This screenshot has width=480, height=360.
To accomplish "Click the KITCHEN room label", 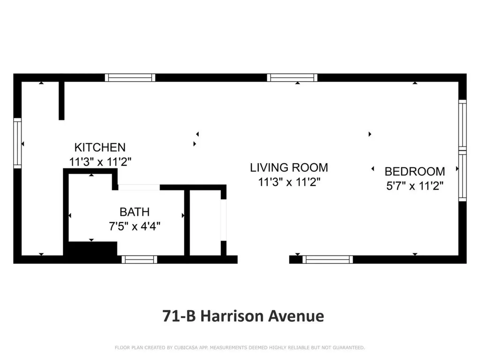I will coord(100,147).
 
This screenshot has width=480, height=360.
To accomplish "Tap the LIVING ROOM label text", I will coord(289,167).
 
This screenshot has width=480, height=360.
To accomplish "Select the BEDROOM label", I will coord(414,171).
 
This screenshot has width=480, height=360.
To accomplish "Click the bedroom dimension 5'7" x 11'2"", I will coord(414,186).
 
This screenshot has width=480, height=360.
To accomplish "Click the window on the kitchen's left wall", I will coord(17,143).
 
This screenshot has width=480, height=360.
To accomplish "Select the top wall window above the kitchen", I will coord(130,77).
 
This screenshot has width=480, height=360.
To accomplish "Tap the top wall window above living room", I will coord(292,77).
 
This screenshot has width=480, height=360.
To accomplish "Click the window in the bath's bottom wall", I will coord(139,259).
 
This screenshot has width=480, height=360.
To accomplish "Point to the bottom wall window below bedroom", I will coord(328,259).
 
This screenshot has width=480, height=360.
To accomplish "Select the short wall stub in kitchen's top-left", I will coord(61,100).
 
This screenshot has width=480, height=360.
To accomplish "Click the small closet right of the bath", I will coord(205,223).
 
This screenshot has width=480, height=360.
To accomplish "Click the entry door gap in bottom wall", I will coord(263,259).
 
